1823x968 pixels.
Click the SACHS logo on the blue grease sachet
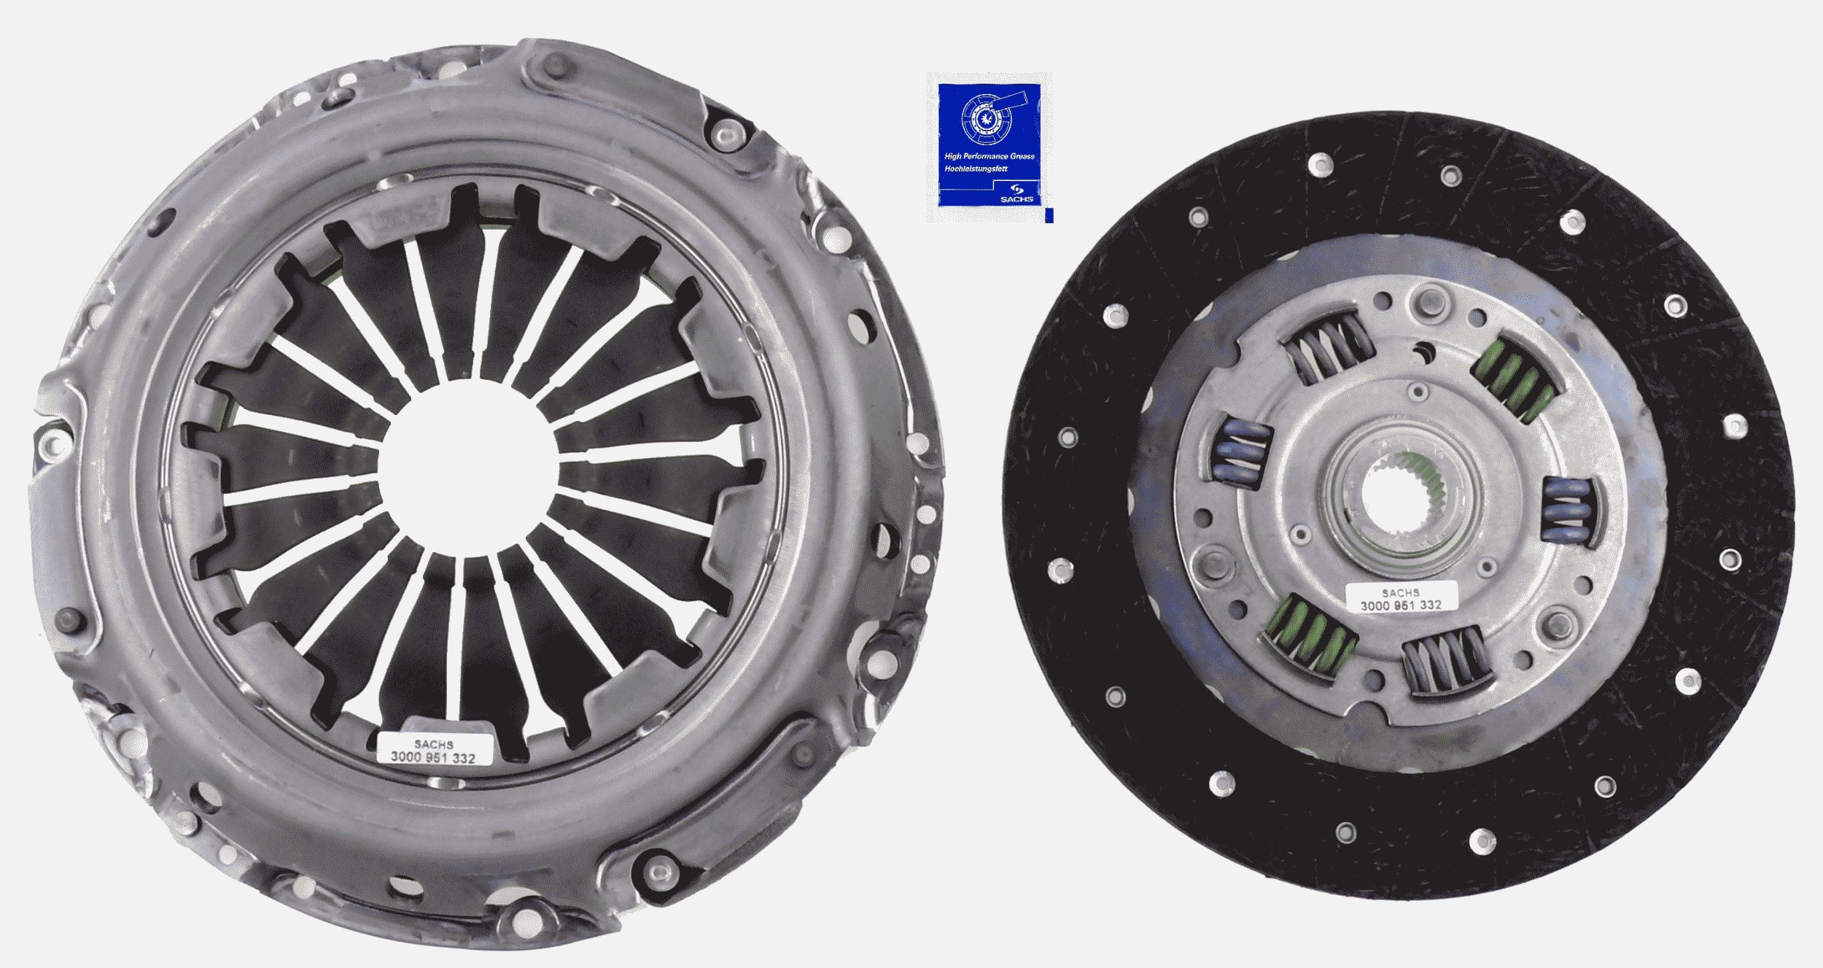[1017, 194]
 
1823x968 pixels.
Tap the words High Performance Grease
[990, 156]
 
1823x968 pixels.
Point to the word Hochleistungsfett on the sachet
[976, 169]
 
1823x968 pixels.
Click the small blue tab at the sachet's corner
[1049, 215]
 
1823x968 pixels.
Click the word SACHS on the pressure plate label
[433, 745]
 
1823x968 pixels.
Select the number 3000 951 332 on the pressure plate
[432, 758]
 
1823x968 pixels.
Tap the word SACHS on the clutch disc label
[1400, 593]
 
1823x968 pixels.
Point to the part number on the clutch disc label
[1400, 605]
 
